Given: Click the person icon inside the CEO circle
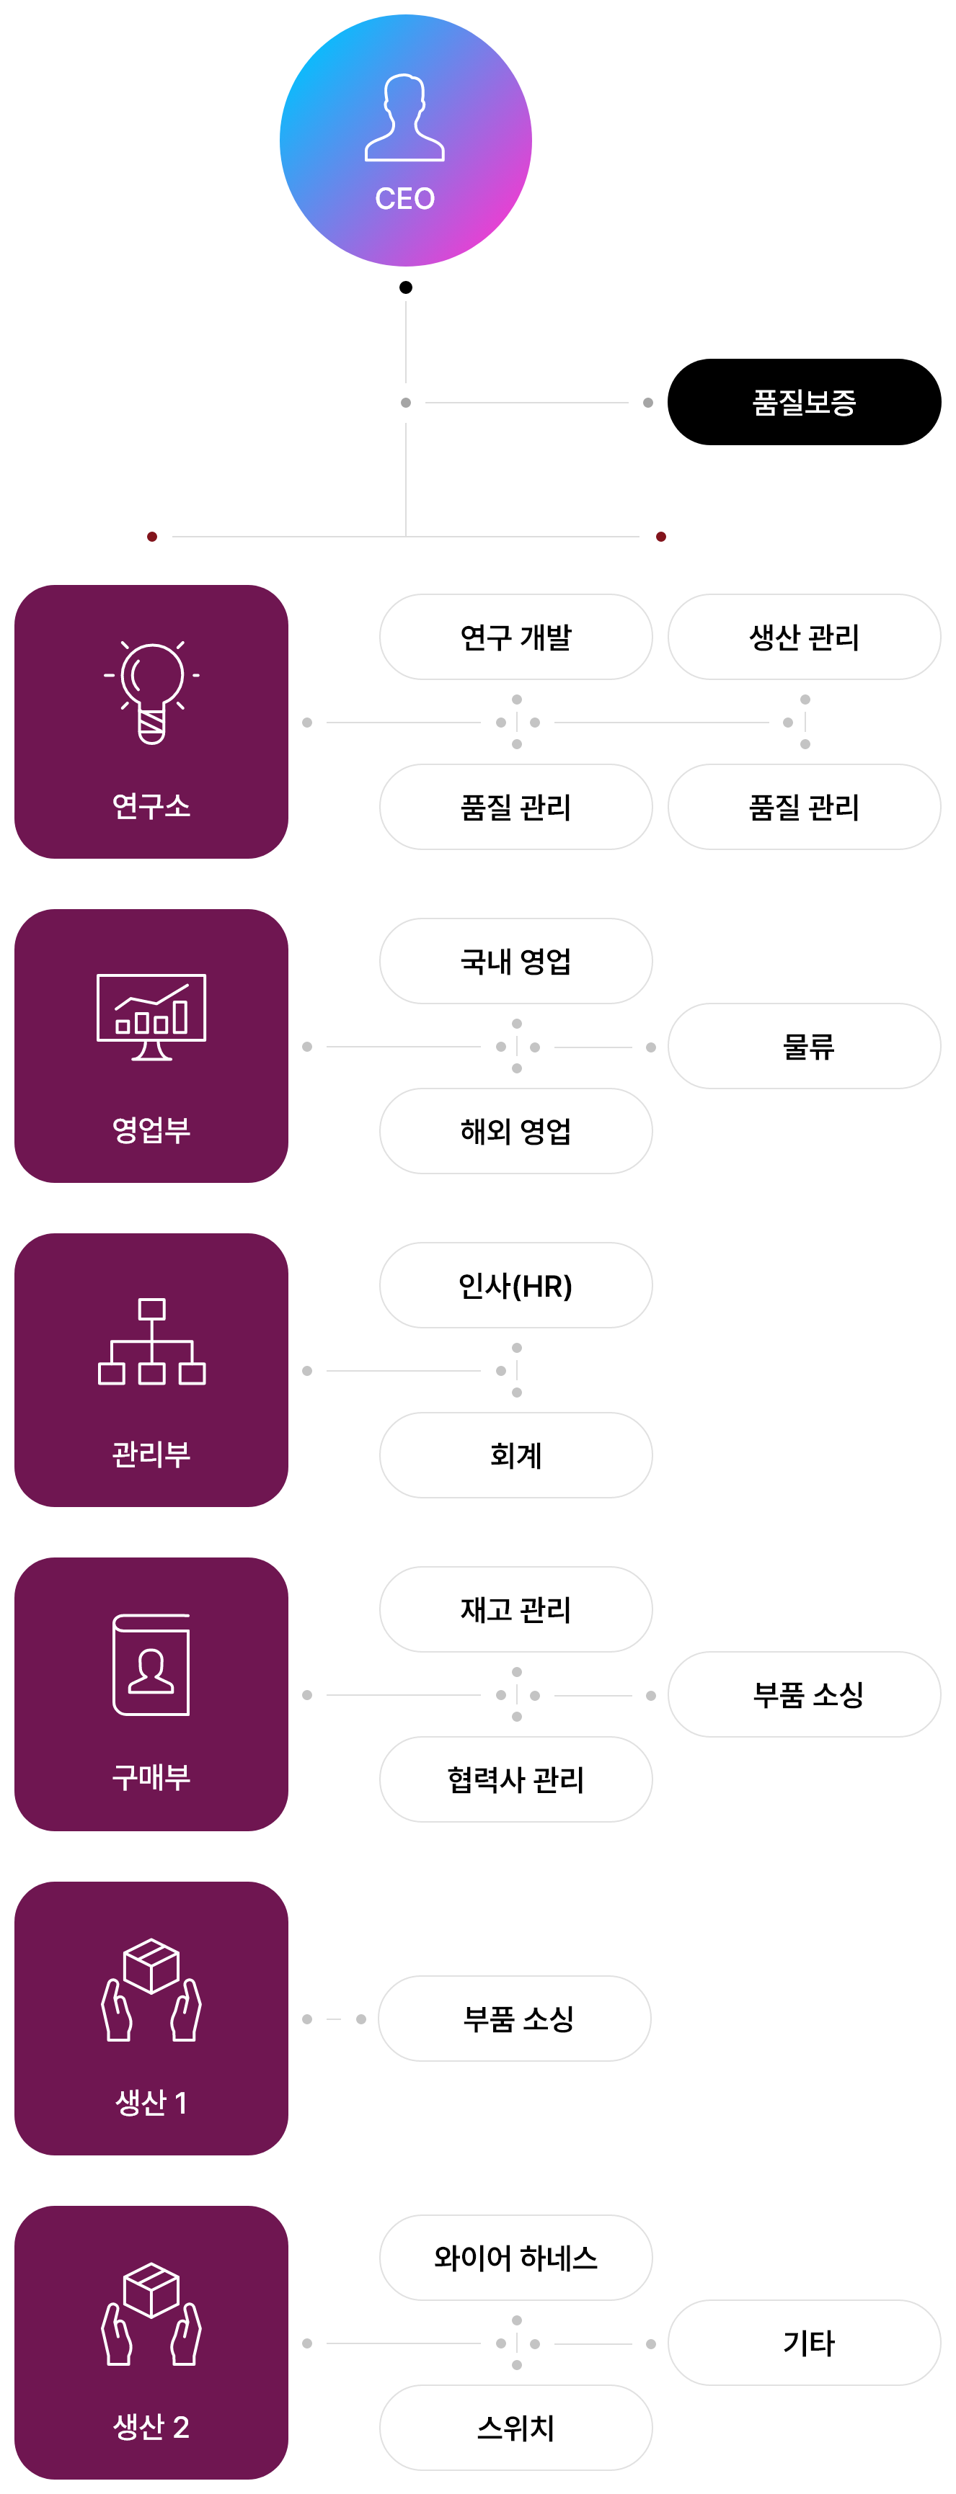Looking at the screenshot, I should coord(405,118).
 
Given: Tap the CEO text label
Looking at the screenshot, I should coord(405,199).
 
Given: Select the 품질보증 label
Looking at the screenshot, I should coord(804,403).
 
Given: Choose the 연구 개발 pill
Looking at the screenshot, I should coord(515,637).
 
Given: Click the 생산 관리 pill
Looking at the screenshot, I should coord(804,637).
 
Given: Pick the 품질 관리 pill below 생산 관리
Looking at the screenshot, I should coord(804,807).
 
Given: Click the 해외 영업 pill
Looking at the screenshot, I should coord(515,1131).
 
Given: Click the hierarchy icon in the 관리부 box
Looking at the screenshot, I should coord(151,1341).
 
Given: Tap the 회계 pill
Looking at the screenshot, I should coord(515,1455).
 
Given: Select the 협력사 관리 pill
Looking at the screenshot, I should coord(515,1779).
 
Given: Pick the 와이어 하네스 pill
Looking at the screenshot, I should coord(515,2258).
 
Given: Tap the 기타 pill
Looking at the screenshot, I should coord(804,2343).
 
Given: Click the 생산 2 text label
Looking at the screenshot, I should coord(151,2426).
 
